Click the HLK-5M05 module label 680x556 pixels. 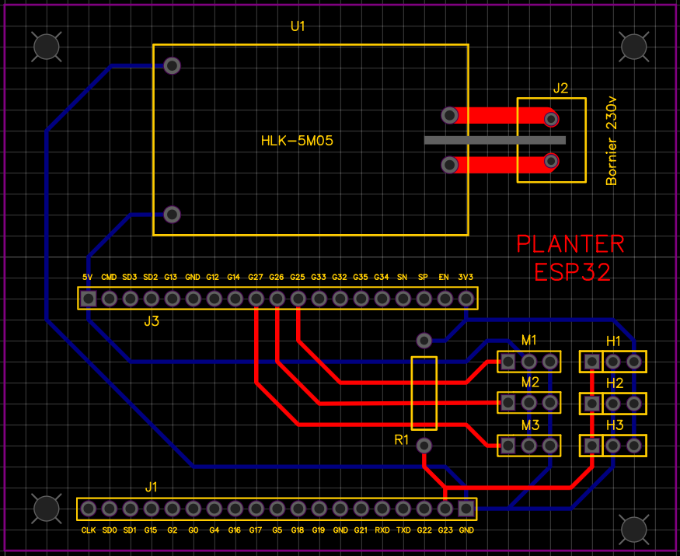(x=297, y=141)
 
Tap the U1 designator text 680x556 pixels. (x=298, y=26)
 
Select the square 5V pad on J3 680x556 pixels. (x=89, y=299)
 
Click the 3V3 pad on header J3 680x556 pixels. (x=466, y=299)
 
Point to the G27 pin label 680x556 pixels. (x=256, y=277)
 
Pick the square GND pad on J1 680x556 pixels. (x=466, y=509)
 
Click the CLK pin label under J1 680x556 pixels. (x=89, y=530)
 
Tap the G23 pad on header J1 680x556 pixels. (x=445, y=509)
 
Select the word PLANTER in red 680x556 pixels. (x=570, y=244)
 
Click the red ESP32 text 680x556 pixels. (x=573, y=272)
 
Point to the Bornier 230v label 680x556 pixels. (x=611, y=141)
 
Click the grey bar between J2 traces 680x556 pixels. (x=495, y=140)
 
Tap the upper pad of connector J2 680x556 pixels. (x=551, y=119)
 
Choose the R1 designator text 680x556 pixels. (x=402, y=440)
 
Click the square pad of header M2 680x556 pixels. (x=507, y=403)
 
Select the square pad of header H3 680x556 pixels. (x=592, y=446)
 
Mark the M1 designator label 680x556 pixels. (x=529, y=341)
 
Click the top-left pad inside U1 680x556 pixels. (x=173, y=65)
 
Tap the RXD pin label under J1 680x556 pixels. (x=382, y=530)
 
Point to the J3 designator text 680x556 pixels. (x=152, y=321)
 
